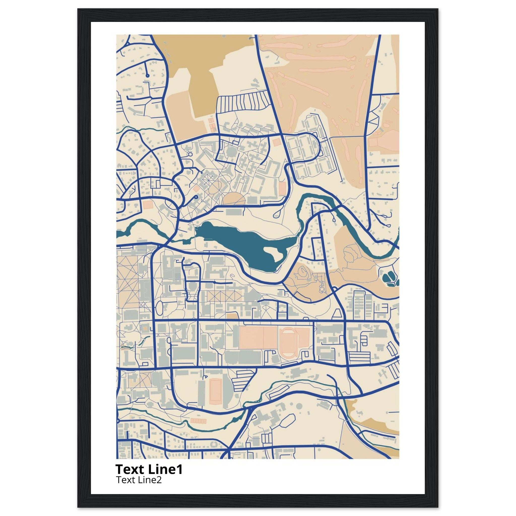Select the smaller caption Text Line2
[x=139, y=480]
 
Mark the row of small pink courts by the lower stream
[x=198, y=421]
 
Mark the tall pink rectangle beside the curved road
[x=282, y=188]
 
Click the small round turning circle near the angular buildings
[x=190, y=155]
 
